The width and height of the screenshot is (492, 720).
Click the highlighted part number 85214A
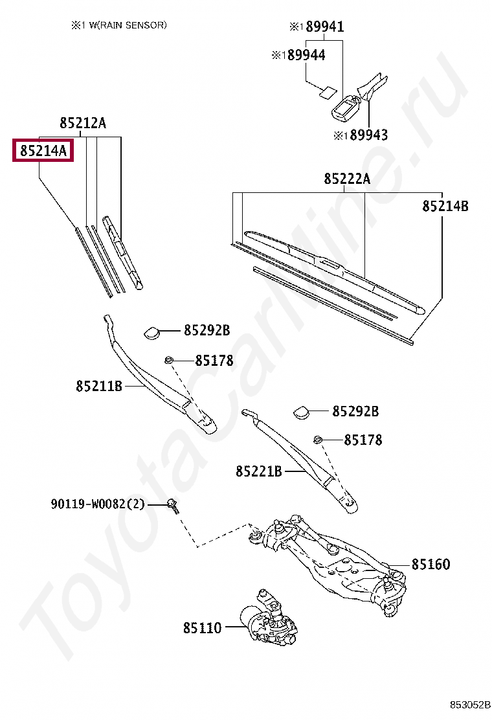pos(43,151)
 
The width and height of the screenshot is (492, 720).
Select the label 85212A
pos(82,123)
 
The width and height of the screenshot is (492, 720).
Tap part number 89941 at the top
pos(324,27)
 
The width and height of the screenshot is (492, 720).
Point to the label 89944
pos(306,55)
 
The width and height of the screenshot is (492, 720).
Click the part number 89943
pos(368,135)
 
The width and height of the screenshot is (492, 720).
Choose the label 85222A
pos(347,179)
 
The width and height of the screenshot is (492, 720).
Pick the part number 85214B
pos(445,206)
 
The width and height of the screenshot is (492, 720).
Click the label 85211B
pos(99,386)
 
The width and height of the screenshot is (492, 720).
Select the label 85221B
pos(259,471)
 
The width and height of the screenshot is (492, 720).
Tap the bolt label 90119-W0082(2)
pos(98,504)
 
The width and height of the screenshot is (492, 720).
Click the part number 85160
pos(430,564)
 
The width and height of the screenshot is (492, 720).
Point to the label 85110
pos(202,627)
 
